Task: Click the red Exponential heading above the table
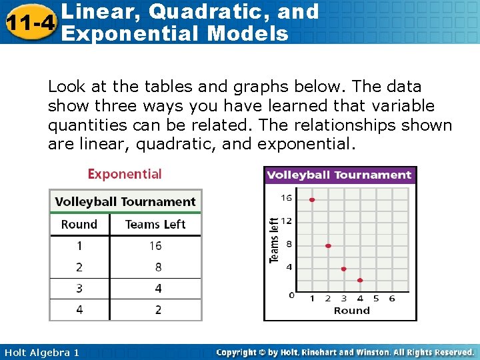point(125,174)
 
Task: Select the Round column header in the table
point(79,225)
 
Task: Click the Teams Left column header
point(155,225)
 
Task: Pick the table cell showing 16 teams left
point(155,246)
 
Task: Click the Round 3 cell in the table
point(79,289)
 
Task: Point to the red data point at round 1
point(312,199)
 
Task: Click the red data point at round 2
point(328,246)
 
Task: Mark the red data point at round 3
point(344,269)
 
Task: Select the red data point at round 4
point(360,280)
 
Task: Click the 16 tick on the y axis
point(286,198)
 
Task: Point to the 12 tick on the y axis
point(286,221)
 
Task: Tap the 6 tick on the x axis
point(392,299)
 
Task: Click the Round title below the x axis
point(351,311)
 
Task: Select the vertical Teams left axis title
point(274,240)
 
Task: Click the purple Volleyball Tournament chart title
point(339,175)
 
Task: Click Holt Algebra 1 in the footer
point(41,352)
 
